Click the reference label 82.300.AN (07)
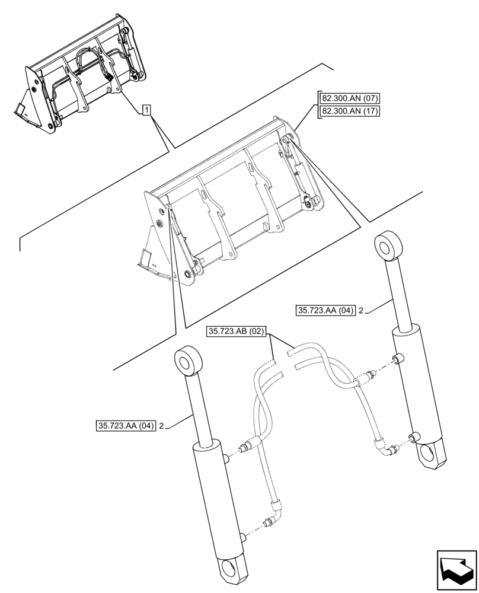tap(350, 99)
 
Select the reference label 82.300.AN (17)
tap(350, 111)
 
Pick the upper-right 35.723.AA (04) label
tap(324, 309)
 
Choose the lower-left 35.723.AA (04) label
tap(125, 425)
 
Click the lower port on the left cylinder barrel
tap(243, 537)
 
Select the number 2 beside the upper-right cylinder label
tap(361, 310)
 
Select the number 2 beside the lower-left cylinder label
tap(162, 425)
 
